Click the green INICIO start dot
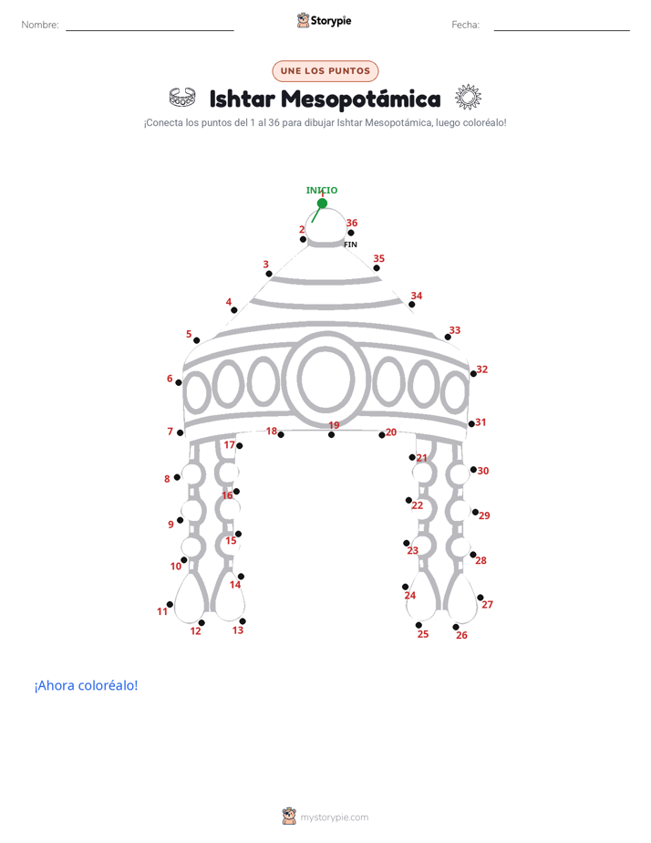click(x=322, y=203)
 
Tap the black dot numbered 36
click(x=351, y=233)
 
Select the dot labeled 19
click(x=331, y=435)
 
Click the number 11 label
click(x=162, y=611)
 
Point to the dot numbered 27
click(x=480, y=598)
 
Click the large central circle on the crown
click(x=326, y=379)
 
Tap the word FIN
click(x=350, y=245)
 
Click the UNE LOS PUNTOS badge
click(x=325, y=71)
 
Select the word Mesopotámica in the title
click(x=361, y=99)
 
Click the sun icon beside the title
click(x=468, y=98)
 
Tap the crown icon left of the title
click(x=182, y=98)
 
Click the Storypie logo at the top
click(x=324, y=20)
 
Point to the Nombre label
click(x=40, y=25)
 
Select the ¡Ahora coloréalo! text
click(x=86, y=685)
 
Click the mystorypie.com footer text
click(x=334, y=817)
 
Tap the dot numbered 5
click(x=197, y=340)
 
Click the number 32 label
click(x=482, y=369)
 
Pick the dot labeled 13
click(x=243, y=621)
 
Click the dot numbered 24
click(x=405, y=587)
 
